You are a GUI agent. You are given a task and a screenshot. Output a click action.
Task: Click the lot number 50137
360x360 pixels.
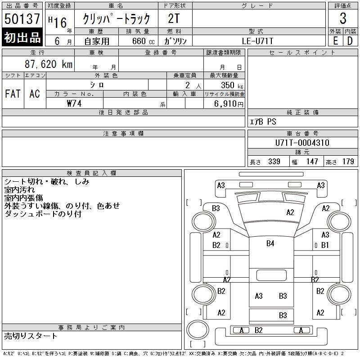click(22, 18)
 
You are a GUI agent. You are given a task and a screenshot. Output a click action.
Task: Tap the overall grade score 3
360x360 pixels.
click(343, 18)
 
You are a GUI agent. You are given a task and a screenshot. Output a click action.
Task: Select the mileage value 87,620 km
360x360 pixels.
click(49, 64)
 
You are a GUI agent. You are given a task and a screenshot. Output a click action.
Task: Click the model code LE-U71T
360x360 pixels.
click(257, 41)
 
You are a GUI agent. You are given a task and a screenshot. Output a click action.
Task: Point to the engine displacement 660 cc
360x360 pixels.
click(143, 41)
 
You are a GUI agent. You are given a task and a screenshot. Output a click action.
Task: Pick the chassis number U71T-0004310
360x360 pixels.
click(302, 143)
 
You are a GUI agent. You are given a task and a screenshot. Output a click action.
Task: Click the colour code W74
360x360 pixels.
click(74, 103)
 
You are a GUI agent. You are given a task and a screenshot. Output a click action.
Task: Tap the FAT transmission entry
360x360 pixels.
click(13, 94)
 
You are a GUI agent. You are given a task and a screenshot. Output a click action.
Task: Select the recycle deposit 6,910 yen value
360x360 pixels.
click(229, 104)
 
